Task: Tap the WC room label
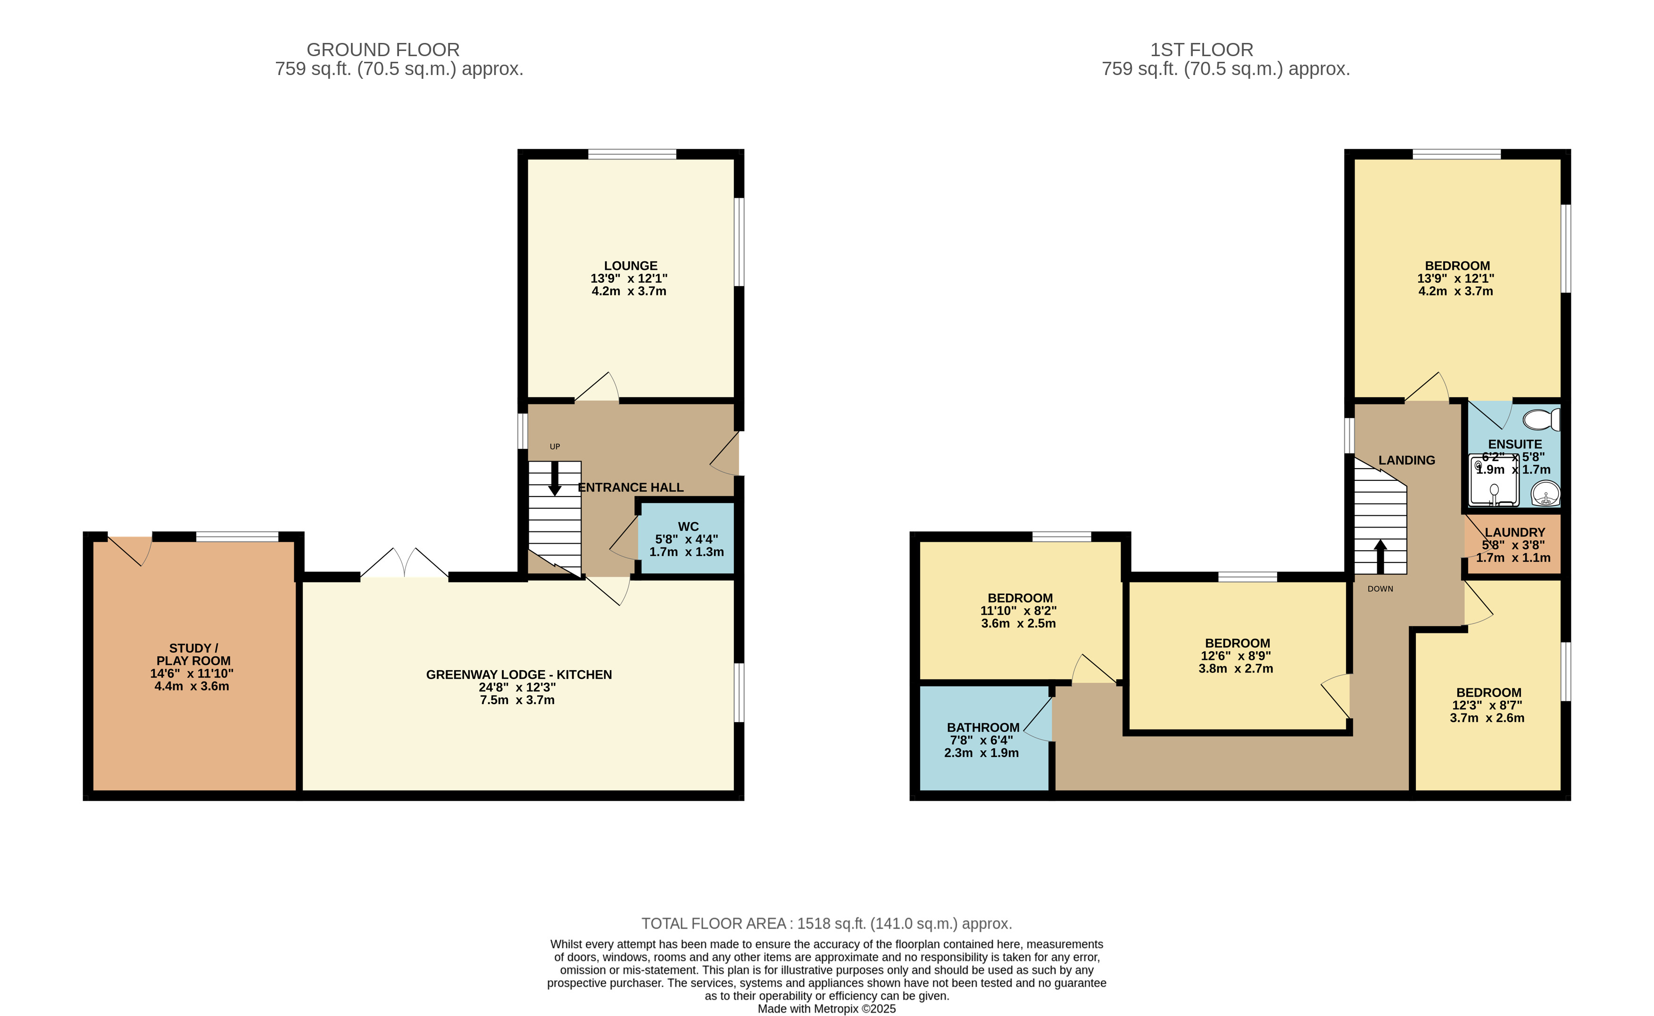[x=688, y=527]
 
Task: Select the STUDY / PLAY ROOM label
[x=193, y=655]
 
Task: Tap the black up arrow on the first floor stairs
[x=1380, y=556]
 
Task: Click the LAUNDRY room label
[x=1515, y=532]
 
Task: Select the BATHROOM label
[x=983, y=728]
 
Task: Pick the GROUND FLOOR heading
[x=383, y=50]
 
